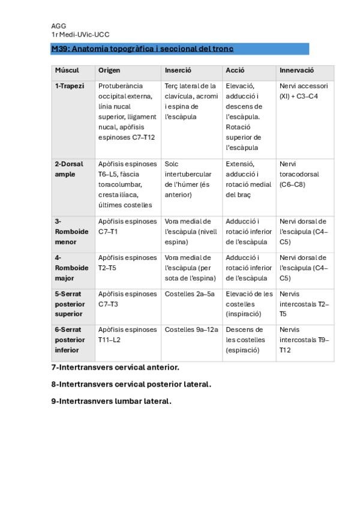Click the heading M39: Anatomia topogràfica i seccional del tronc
click(142, 49)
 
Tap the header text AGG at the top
click(59, 26)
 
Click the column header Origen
click(109, 71)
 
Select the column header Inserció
click(178, 71)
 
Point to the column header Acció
click(235, 71)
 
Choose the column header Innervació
click(296, 71)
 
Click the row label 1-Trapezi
click(70, 86)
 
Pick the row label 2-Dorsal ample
click(69, 169)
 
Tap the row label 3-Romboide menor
click(71, 232)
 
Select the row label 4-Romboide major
click(71, 268)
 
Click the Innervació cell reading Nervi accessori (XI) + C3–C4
click(304, 91)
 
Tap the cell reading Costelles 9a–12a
click(191, 330)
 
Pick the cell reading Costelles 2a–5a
click(190, 294)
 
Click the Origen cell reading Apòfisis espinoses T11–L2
click(127, 334)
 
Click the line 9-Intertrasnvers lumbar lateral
click(111, 401)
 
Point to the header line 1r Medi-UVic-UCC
click(80, 35)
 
